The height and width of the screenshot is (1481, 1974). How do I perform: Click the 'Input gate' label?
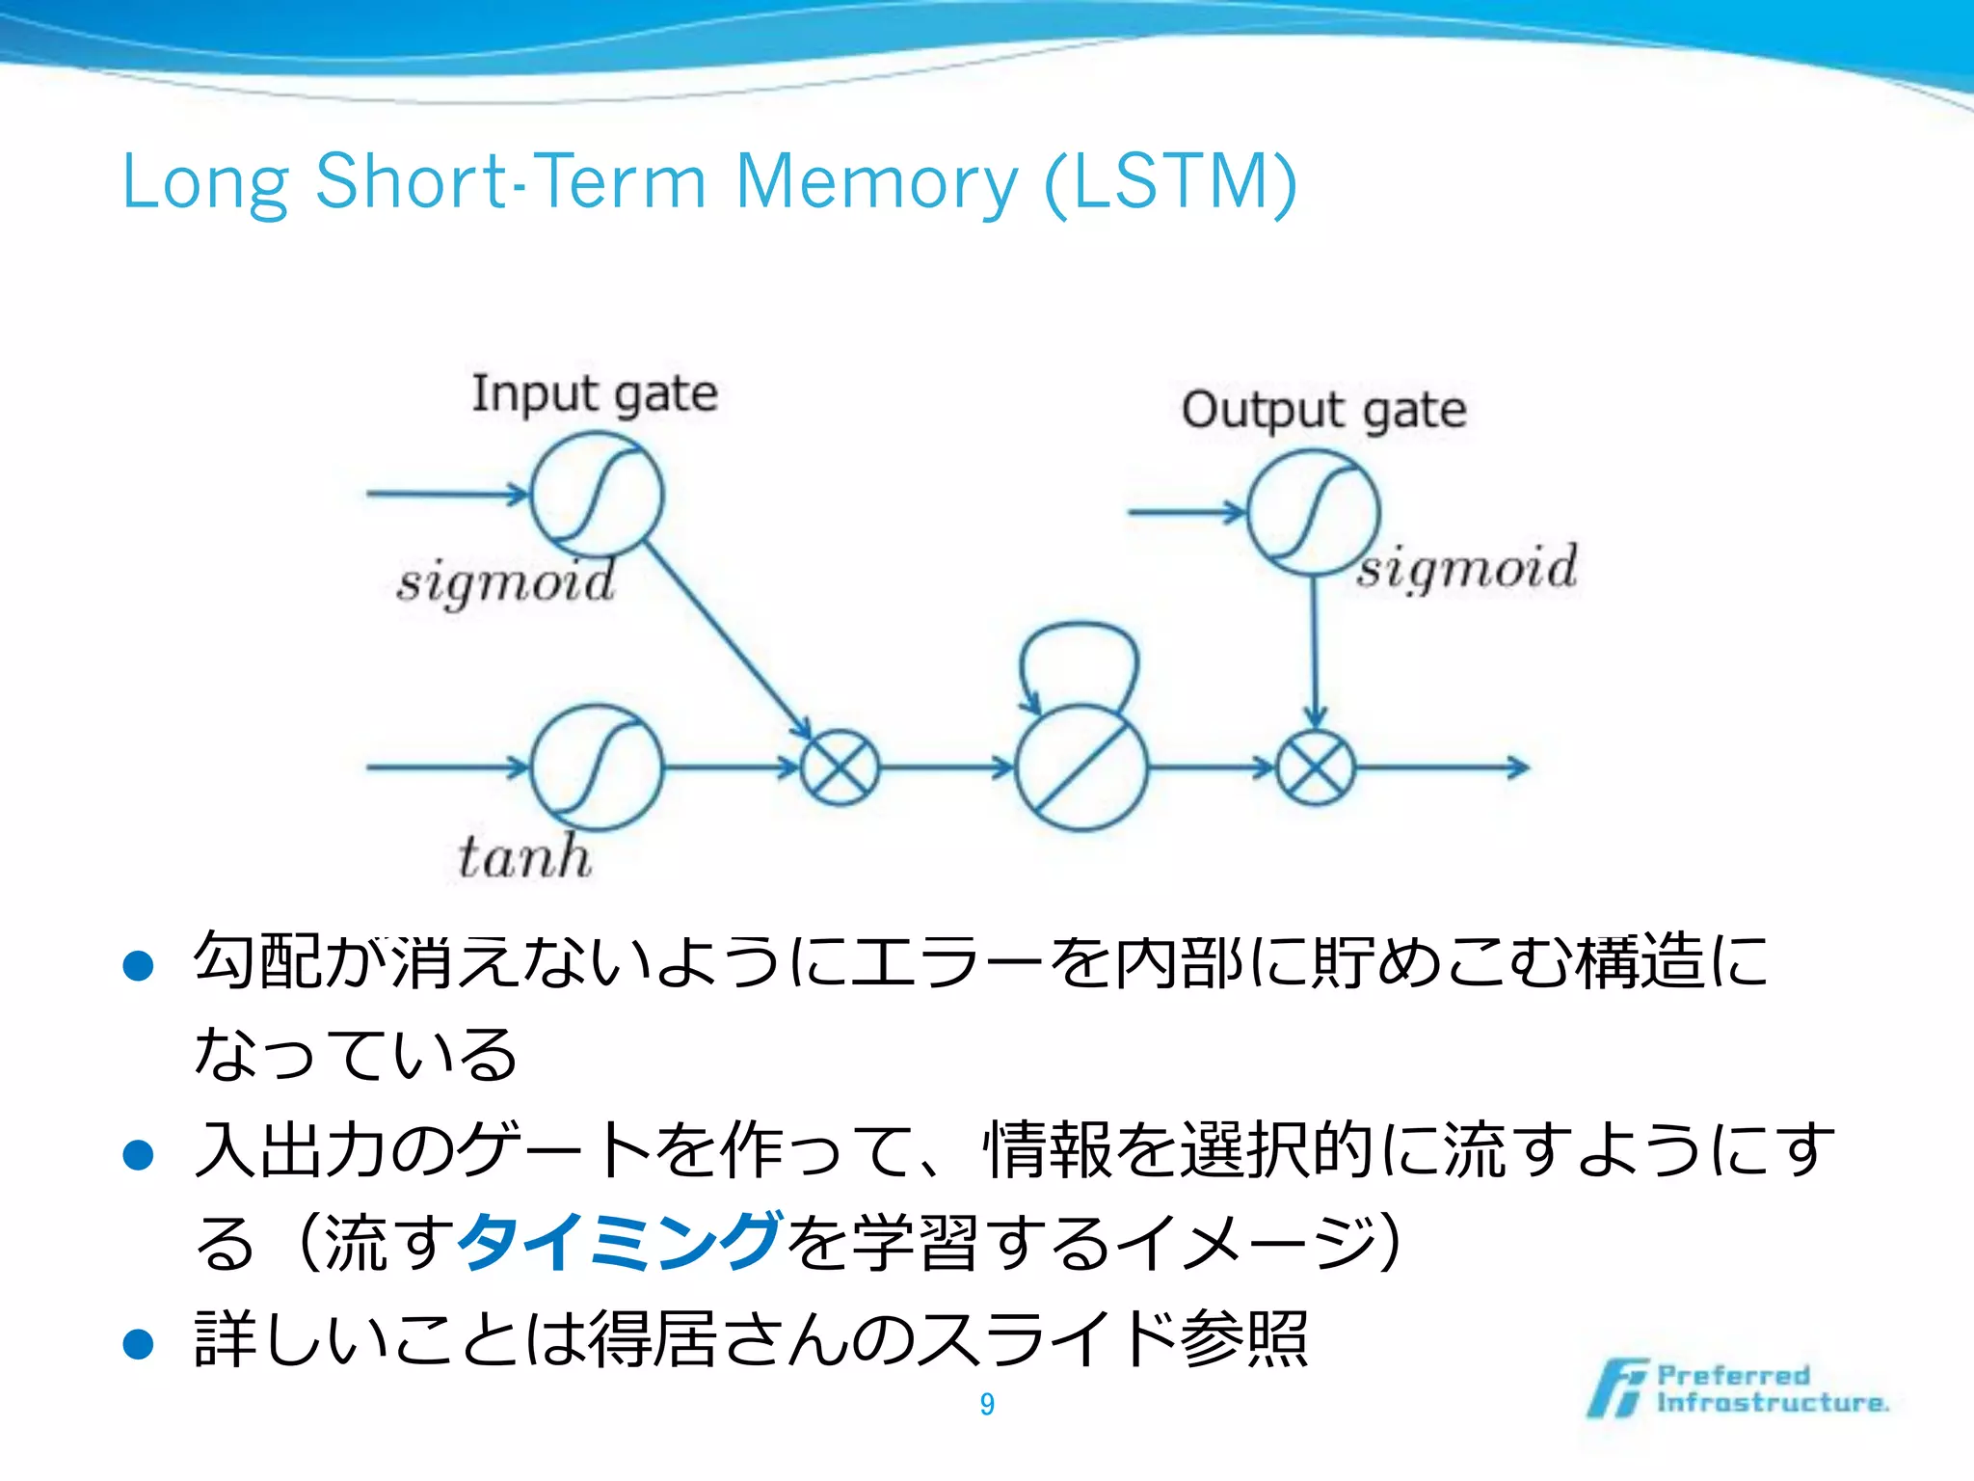pos(595,393)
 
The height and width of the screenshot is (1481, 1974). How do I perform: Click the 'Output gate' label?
pos(1323,411)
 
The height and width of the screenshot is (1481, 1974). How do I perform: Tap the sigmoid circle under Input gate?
pos(597,495)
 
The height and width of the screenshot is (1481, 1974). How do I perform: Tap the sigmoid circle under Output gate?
pos(1313,513)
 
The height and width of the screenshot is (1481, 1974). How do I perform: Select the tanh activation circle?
pos(597,767)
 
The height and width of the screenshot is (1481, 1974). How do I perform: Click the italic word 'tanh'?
pos(524,856)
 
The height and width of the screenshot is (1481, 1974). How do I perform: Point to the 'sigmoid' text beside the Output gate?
pos(1467,567)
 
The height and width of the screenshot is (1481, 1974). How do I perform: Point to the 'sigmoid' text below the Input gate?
pos(506,582)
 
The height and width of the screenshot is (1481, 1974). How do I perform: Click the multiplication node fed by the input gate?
pos(840,767)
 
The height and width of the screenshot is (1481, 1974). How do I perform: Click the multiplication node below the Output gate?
pos(1315,767)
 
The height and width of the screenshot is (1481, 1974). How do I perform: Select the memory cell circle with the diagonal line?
pos(1081,767)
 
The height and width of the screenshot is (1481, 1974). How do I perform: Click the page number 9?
pos(987,1404)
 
